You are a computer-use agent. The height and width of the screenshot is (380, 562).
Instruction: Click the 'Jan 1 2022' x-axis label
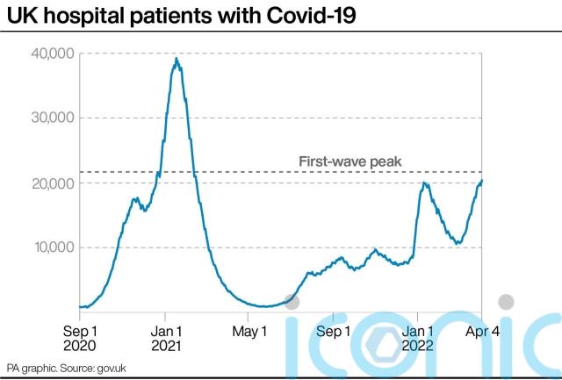pos(418,339)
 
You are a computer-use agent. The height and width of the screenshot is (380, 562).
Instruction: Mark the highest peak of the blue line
pos(177,59)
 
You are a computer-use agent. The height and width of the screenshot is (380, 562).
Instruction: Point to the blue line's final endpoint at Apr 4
pos(481,181)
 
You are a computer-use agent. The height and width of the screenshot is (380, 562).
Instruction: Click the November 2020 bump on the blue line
pos(136,199)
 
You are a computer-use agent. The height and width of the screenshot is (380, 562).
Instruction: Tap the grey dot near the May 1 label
pos(292,302)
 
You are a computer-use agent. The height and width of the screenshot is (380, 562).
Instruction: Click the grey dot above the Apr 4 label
pos(506,302)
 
